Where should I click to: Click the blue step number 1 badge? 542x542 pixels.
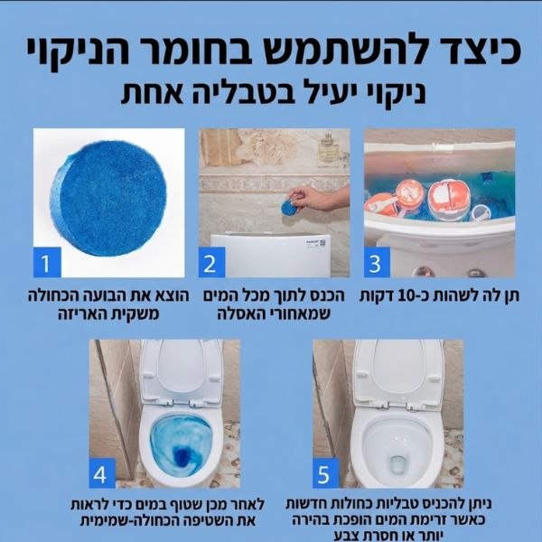click(x=47, y=262)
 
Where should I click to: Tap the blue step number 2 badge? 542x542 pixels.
click(x=212, y=262)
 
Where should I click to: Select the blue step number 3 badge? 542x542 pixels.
click(x=377, y=262)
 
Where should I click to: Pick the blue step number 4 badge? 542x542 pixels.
click(x=102, y=472)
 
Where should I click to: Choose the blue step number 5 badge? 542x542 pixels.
click(x=326, y=472)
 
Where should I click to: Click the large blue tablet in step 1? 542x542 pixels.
click(x=108, y=199)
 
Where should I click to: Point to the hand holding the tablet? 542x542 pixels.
click(x=319, y=198)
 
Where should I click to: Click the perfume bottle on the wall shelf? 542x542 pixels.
click(x=328, y=149)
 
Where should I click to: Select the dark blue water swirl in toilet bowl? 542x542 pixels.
click(x=182, y=456)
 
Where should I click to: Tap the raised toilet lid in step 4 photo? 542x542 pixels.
click(x=181, y=370)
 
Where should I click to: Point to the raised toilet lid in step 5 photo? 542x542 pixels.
click(x=398, y=370)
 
